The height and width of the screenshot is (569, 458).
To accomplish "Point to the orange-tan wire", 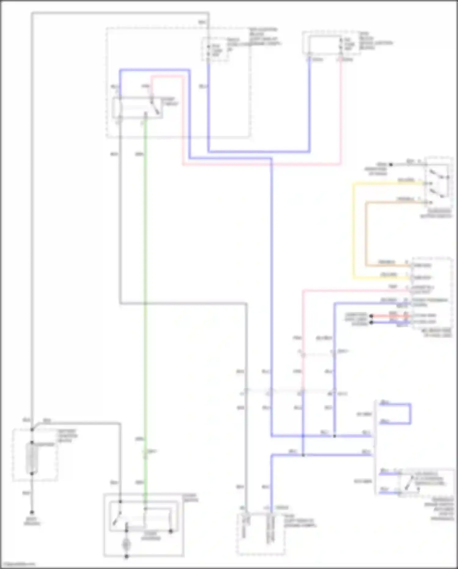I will [x=366, y=232].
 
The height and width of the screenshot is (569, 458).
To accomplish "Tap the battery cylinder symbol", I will [x=32, y=458].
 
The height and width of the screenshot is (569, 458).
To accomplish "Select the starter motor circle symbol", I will [x=126, y=545].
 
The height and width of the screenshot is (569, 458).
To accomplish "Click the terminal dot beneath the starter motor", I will [x=126, y=556].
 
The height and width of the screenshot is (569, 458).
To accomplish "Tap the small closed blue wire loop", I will [x=410, y=414].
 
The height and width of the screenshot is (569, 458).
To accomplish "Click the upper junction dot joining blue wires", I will [x=334, y=436].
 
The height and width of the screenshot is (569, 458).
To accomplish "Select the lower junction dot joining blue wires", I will [x=303, y=455].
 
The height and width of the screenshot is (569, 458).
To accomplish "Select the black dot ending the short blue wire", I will [x=371, y=322].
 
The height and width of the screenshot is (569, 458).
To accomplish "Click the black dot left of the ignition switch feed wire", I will [x=391, y=165].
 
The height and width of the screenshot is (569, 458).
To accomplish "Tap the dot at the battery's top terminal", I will [x=32, y=430].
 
